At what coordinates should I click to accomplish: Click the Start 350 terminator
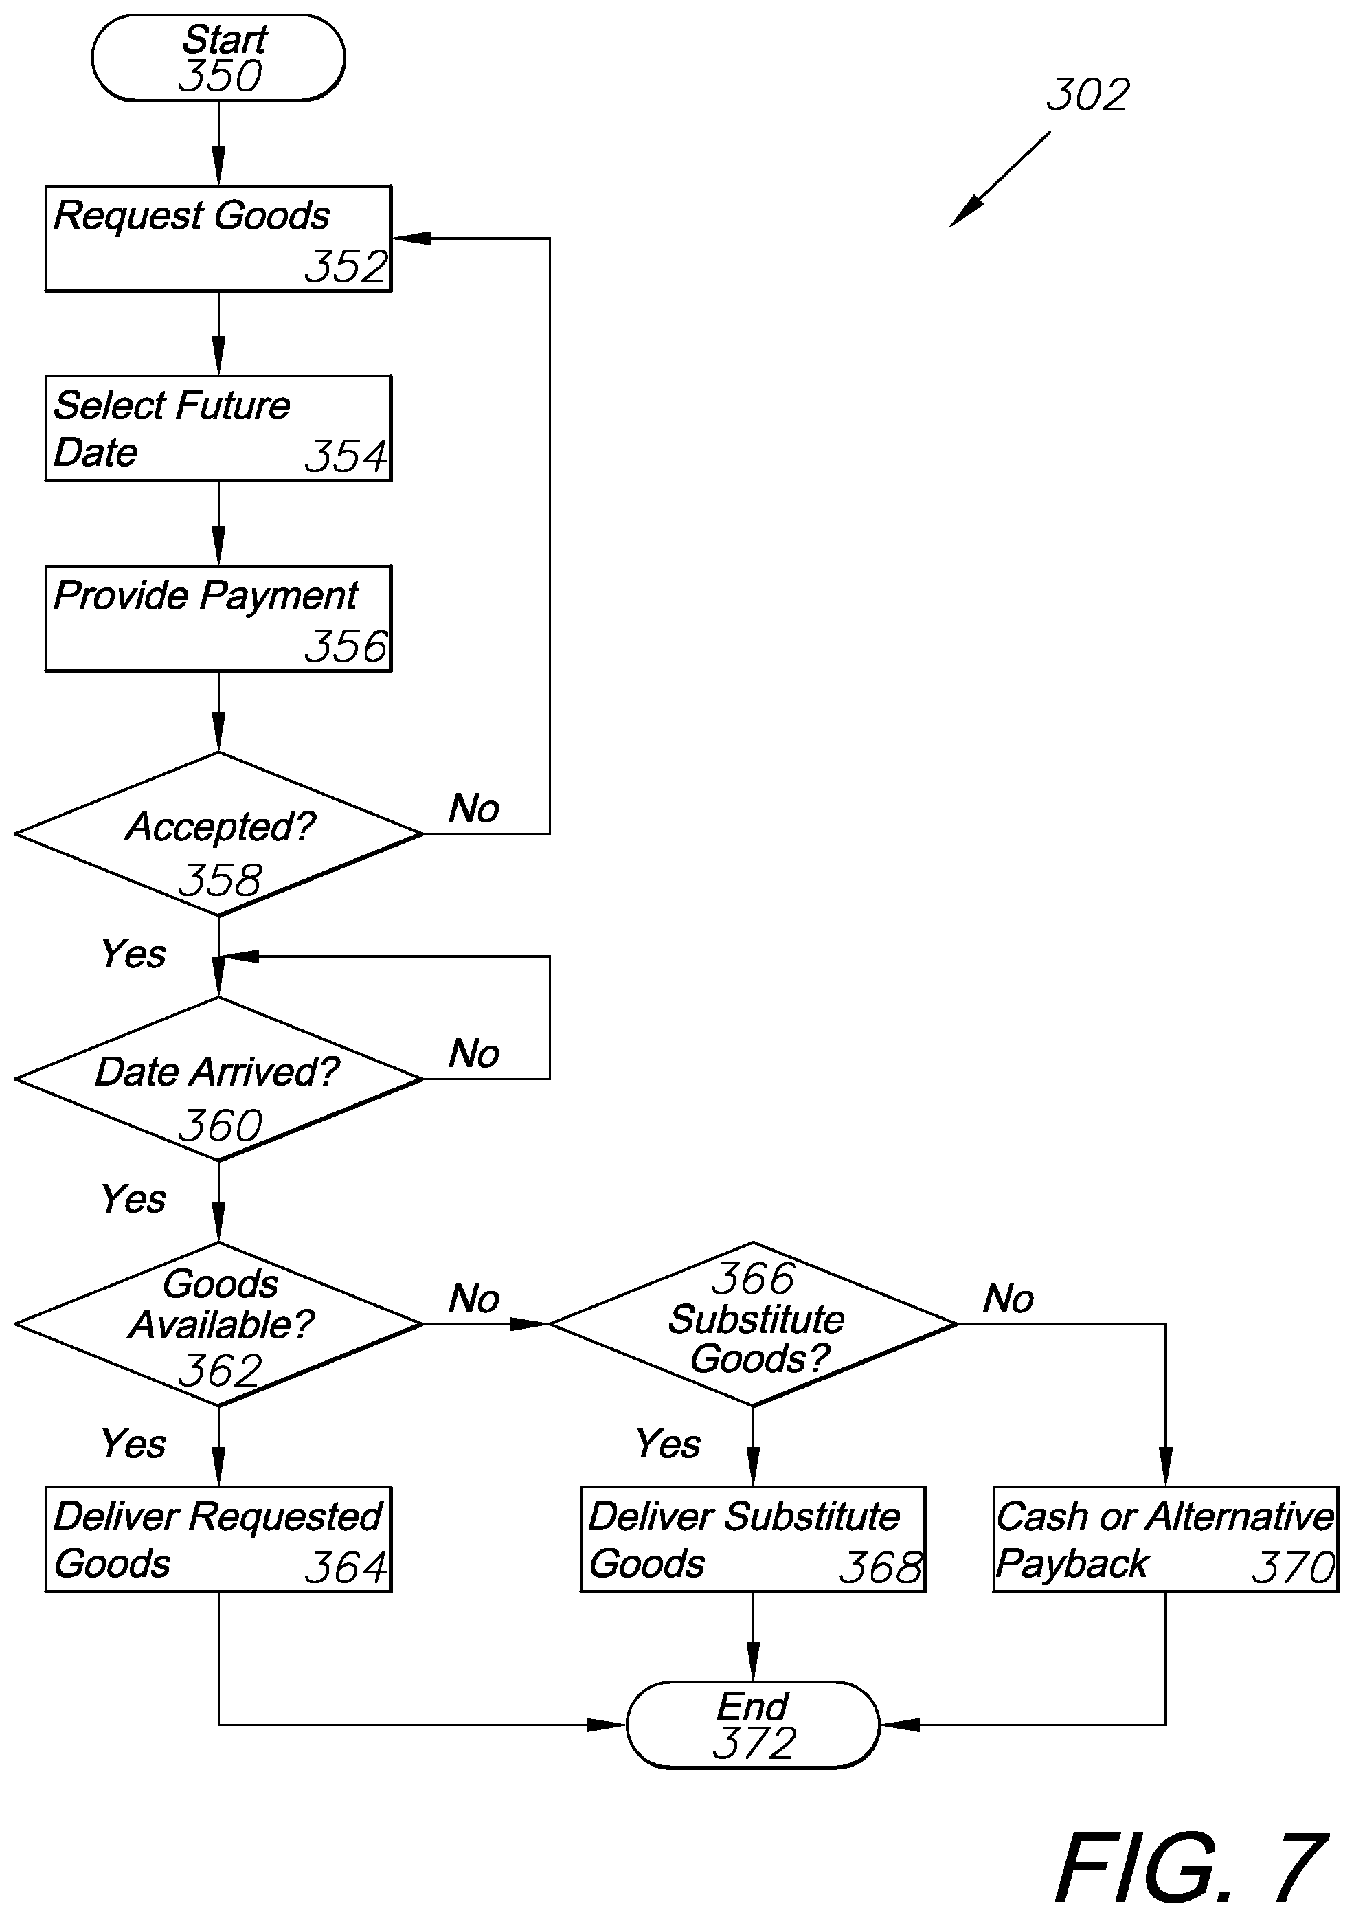(x=218, y=58)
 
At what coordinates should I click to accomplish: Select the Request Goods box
(x=218, y=238)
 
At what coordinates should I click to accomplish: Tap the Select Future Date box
(x=218, y=428)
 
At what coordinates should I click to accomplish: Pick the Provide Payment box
(x=218, y=618)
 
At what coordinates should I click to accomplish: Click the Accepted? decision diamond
(x=218, y=833)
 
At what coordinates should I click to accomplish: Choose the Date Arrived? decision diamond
(x=218, y=1079)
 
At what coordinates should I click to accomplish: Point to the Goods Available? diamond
(x=218, y=1323)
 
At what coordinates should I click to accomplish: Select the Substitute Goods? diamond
(x=753, y=1323)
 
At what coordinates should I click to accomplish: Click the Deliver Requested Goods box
(x=218, y=1539)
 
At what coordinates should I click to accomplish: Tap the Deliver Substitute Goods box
(x=753, y=1539)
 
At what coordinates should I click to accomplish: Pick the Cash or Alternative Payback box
(x=1165, y=1539)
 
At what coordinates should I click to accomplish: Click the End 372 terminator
(x=753, y=1725)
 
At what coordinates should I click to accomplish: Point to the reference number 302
(x=1087, y=94)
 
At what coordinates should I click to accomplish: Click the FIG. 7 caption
(x=1191, y=1867)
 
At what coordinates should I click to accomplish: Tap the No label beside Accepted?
(x=474, y=808)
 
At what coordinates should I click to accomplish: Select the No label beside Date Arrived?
(x=474, y=1054)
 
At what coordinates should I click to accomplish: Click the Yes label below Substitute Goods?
(x=668, y=1444)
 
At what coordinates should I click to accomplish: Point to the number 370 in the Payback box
(x=1294, y=1567)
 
